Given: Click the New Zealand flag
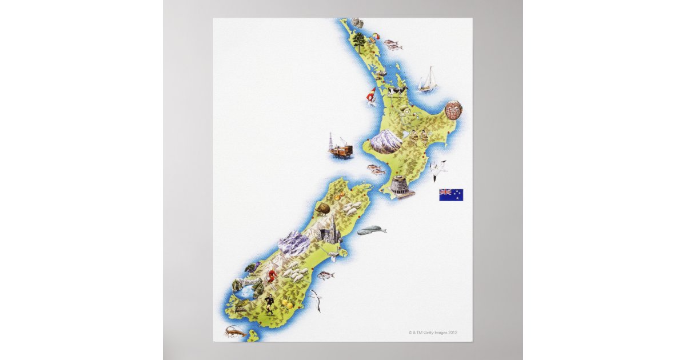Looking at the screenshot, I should (451, 195).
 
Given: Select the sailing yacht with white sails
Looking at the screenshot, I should (427, 81).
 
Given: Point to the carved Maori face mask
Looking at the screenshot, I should (453, 110).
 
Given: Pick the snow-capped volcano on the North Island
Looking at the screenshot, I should (386, 141).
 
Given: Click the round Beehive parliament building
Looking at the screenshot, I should (401, 187).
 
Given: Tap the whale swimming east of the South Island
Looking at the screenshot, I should (372, 230).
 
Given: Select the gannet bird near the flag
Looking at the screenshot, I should (438, 167).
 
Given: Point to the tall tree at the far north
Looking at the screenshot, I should (358, 40).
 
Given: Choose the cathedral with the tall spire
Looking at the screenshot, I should (330, 231).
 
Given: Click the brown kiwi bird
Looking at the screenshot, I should (324, 209).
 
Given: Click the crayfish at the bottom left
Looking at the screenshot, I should (235, 331).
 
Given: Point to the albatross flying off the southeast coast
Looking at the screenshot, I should (315, 300).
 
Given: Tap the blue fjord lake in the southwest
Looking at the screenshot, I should (246, 293).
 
